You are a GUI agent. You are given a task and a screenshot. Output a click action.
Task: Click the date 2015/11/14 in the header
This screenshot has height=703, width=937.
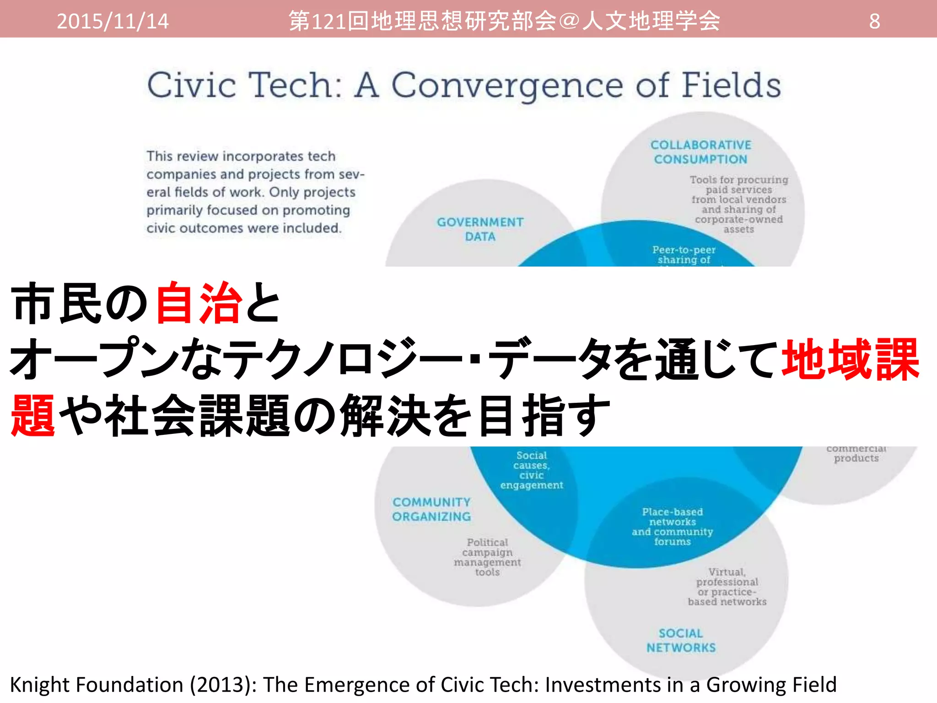tap(113, 21)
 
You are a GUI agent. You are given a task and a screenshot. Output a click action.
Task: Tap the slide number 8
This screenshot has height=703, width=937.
tap(874, 21)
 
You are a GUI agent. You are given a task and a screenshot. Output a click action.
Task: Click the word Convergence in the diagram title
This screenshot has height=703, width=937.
tap(507, 86)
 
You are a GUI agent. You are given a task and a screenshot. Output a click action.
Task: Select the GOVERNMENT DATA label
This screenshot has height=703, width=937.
tap(480, 229)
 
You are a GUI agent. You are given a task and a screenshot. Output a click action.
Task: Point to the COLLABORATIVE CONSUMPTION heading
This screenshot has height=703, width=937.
tap(700, 152)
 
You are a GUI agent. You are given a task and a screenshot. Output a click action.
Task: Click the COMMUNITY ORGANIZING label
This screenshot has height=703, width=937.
tap(431, 509)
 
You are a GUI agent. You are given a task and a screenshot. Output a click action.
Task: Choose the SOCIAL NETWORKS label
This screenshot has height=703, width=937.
tap(681, 640)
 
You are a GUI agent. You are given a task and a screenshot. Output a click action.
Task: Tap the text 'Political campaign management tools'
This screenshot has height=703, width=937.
tap(487, 557)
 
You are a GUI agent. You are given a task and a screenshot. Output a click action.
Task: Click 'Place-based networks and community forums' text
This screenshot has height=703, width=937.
tap(672, 526)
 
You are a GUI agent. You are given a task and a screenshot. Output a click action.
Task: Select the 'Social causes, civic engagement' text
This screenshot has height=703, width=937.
tap(532, 470)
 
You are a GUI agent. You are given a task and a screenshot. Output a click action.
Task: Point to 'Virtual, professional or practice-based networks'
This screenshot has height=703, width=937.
tap(727, 587)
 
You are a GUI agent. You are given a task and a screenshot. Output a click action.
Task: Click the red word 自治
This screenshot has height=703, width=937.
tap(199, 303)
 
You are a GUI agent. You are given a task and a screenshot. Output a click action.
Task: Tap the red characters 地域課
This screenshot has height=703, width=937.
tap(850, 360)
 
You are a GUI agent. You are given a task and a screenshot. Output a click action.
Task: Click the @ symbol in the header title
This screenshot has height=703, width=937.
tap(569, 21)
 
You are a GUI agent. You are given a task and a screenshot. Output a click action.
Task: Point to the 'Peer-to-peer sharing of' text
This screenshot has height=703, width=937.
tap(684, 255)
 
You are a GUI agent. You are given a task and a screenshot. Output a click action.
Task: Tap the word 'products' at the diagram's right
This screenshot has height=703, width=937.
tap(856, 458)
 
